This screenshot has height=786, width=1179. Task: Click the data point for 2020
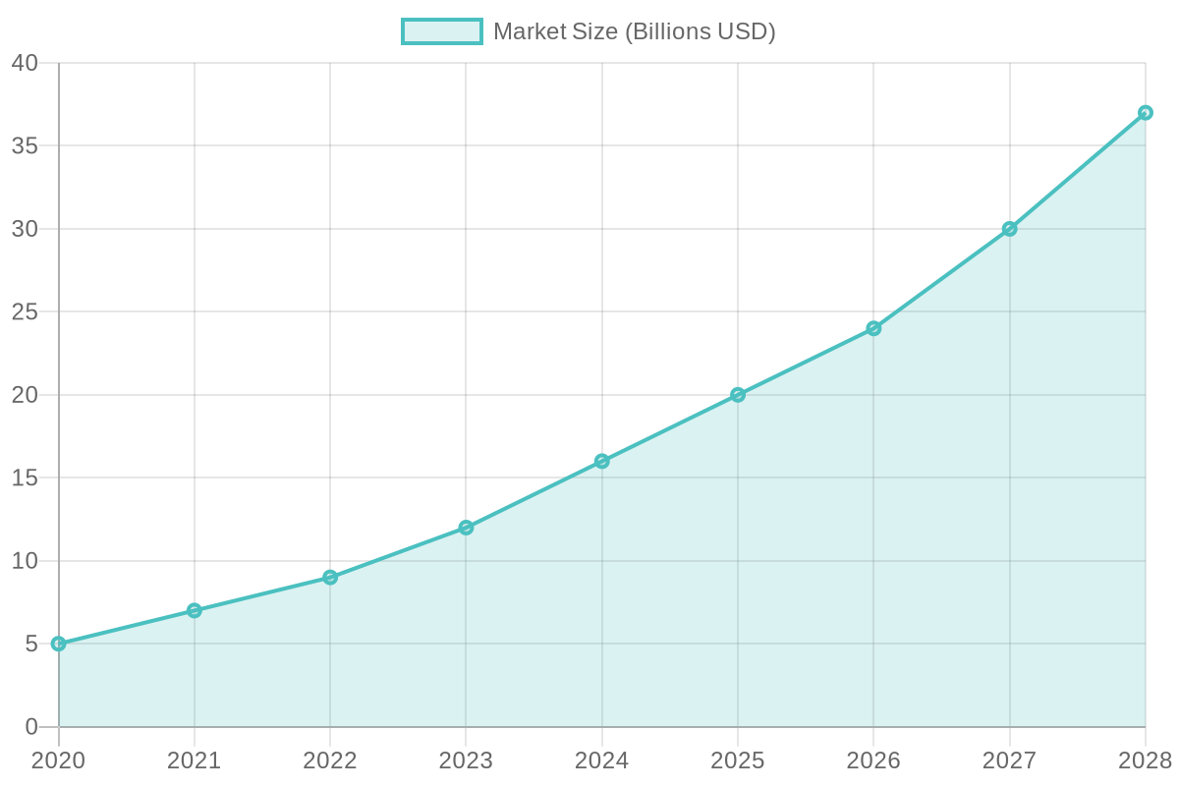point(58,644)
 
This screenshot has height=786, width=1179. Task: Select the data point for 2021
point(194,610)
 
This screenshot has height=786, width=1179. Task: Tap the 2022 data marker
point(329,577)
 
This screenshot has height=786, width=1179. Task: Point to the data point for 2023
point(466,528)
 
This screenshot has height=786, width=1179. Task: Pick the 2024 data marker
point(601,461)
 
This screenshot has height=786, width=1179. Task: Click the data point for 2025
point(737,394)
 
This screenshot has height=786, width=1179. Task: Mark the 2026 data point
point(872,328)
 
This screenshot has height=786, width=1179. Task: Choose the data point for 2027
point(1009,228)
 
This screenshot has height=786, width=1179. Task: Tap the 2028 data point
point(1145,112)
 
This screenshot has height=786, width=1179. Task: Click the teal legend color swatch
point(441,31)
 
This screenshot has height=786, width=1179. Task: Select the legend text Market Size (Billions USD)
point(634,31)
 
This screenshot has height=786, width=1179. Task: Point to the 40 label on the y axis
point(25,63)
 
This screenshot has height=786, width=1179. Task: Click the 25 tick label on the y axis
point(25,311)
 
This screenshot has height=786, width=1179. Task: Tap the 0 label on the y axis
point(31,726)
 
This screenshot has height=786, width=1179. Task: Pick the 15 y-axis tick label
point(25,477)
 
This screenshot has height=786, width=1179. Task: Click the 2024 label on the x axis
point(601,760)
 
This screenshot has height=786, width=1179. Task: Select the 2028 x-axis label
point(1145,760)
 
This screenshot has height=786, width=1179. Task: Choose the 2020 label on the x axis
point(58,760)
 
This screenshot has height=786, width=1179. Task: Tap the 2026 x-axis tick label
point(872,760)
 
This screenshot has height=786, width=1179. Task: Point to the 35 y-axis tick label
point(25,145)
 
